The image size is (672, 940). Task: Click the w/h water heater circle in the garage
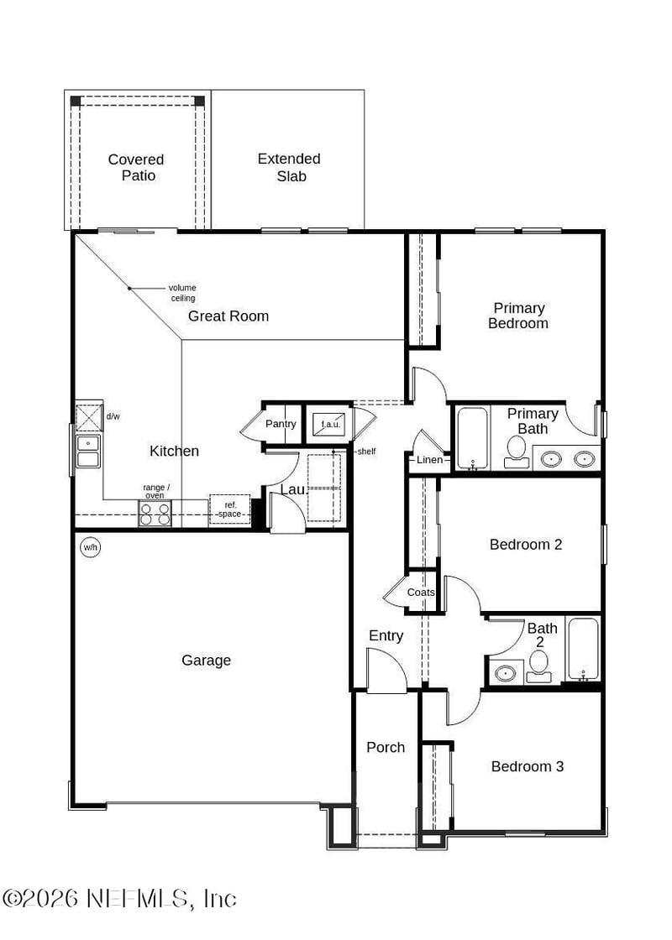tap(90, 547)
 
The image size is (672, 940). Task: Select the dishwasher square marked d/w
tap(89, 417)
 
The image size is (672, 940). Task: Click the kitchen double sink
tap(87, 452)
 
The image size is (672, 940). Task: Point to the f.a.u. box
tap(330, 424)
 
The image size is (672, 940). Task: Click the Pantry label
tap(281, 424)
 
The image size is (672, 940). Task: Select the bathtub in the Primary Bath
tap(473, 438)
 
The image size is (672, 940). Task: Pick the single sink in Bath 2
tap(506, 672)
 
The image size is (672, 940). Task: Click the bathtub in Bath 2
tap(583, 650)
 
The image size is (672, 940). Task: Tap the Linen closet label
tap(429, 460)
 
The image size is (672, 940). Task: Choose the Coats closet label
tap(421, 593)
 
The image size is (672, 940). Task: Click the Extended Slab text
tap(290, 167)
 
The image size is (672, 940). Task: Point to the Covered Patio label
tap(137, 167)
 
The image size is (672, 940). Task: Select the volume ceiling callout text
tap(182, 293)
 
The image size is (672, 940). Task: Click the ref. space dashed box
tap(230, 509)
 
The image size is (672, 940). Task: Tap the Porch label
tap(386, 748)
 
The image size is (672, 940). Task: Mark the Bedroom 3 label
tap(528, 766)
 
